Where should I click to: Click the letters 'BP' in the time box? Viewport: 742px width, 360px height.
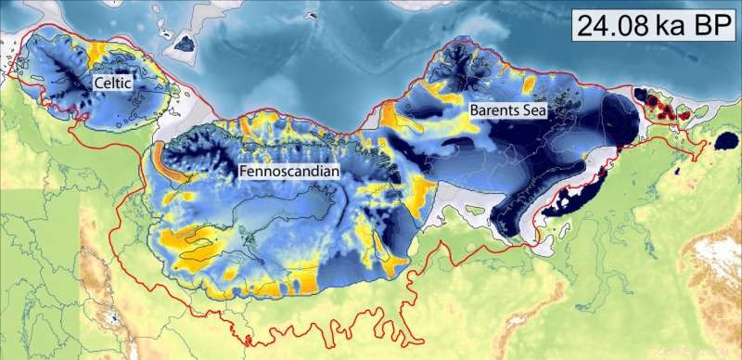pos(706,24)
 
